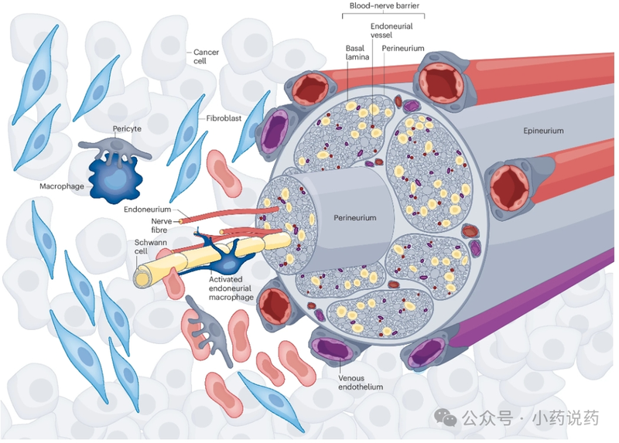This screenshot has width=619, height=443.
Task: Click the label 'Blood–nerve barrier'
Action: coord(384,7)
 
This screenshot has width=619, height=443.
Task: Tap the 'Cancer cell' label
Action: coord(206,56)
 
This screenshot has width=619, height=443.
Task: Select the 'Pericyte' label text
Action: coord(125,129)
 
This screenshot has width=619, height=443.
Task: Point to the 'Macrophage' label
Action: coord(62,186)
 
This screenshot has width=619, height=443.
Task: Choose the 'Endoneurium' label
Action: coord(147,210)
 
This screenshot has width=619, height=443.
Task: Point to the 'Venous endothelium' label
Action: coord(361,382)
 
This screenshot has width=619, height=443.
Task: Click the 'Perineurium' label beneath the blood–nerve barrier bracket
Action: coord(425,48)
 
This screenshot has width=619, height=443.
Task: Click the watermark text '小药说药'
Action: coord(566,418)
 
